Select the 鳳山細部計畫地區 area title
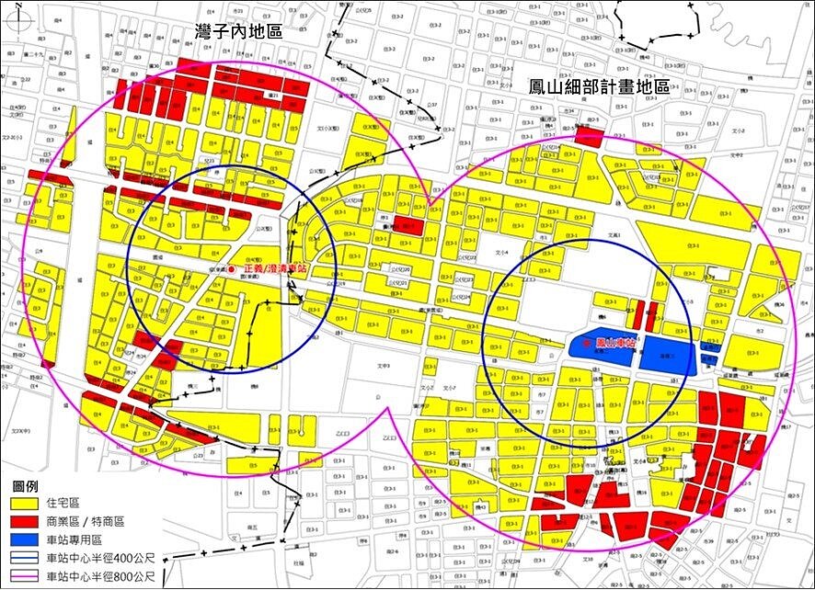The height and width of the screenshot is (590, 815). coord(598,87)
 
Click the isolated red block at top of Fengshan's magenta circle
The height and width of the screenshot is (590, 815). coord(589,138)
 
